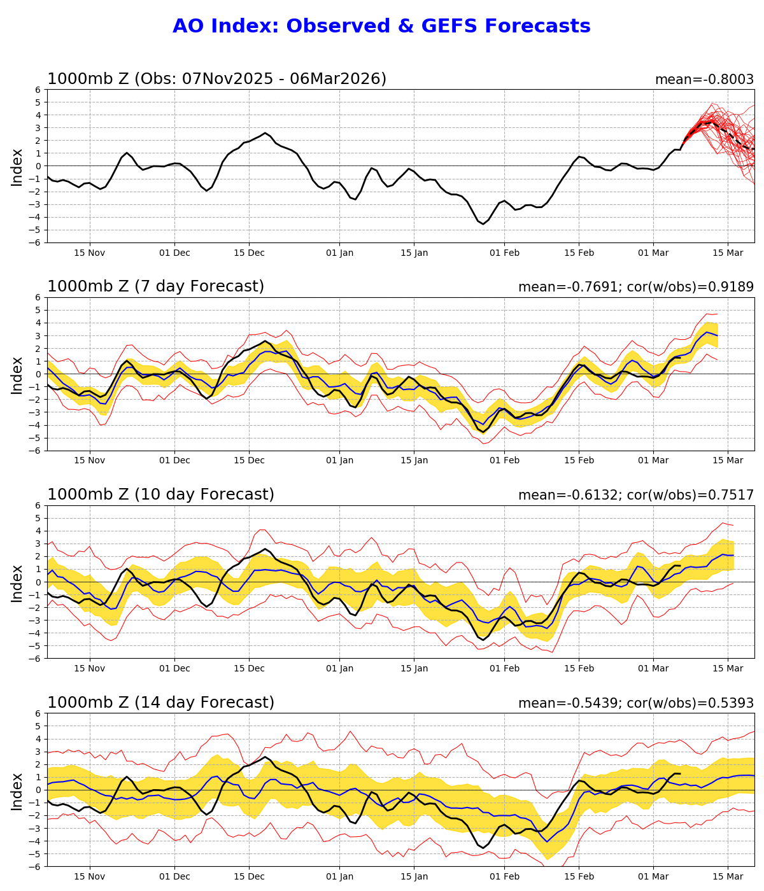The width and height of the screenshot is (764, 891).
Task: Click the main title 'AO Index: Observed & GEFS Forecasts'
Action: [x=381, y=26]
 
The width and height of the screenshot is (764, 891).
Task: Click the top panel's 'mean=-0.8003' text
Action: [x=704, y=80]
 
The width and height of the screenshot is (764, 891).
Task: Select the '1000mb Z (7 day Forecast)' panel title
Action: [x=155, y=286]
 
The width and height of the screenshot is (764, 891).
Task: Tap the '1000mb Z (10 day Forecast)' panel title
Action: [x=160, y=495]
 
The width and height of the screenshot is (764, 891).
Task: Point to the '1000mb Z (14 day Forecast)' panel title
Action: [x=160, y=703]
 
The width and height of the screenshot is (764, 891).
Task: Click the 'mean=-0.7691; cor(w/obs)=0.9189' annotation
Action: [x=635, y=287]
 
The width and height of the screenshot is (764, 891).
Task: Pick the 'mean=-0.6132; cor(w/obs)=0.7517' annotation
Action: [x=635, y=495]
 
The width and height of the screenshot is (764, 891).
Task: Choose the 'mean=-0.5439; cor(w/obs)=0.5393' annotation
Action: [x=635, y=703]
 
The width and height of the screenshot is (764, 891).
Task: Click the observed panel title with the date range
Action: [x=216, y=79]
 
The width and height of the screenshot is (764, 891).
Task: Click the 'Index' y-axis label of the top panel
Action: [x=17, y=167]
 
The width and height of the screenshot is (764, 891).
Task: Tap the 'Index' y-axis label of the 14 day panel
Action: [x=17, y=791]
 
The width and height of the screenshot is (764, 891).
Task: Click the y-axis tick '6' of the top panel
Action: [x=38, y=90]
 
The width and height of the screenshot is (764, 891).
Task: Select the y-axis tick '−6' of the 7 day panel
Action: [x=36, y=451]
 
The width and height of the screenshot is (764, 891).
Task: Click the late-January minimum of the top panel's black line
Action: [x=483, y=224]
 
